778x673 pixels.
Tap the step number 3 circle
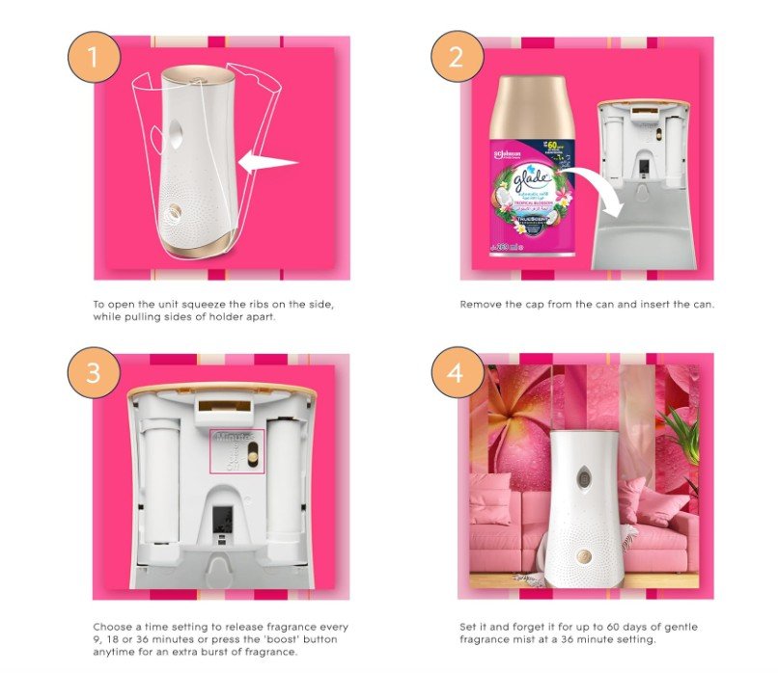(x=93, y=372)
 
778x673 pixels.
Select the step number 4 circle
(x=457, y=372)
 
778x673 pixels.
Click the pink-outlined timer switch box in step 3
(x=236, y=451)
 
